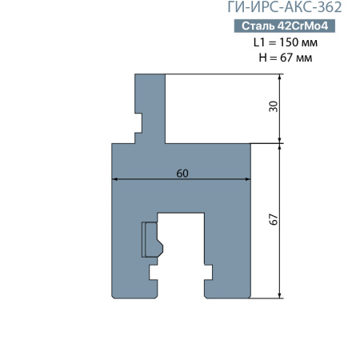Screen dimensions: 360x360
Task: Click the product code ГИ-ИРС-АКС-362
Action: (x=285, y=7)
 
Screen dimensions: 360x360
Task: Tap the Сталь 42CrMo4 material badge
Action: (x=285, y=26)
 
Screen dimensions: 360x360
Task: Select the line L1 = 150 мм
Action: (x=286, y=42)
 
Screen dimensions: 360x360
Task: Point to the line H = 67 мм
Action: (x=286, y=58)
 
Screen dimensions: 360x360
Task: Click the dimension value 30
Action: (x=274, y=106)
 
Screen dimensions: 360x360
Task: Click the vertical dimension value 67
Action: (x=274, y=219)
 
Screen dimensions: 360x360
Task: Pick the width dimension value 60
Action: (x=182, y=174)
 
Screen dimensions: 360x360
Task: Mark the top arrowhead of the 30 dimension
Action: (x=279, y=77)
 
